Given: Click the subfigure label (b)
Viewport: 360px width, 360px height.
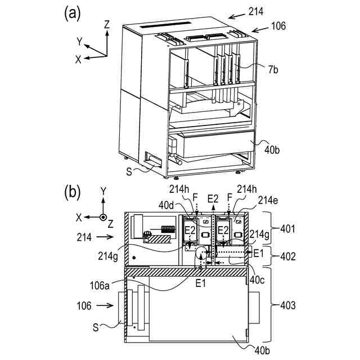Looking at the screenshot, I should pos(73,192).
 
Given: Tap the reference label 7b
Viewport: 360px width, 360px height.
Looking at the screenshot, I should pos(272,69).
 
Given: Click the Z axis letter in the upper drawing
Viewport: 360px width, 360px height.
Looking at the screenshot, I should pos(107,24).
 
